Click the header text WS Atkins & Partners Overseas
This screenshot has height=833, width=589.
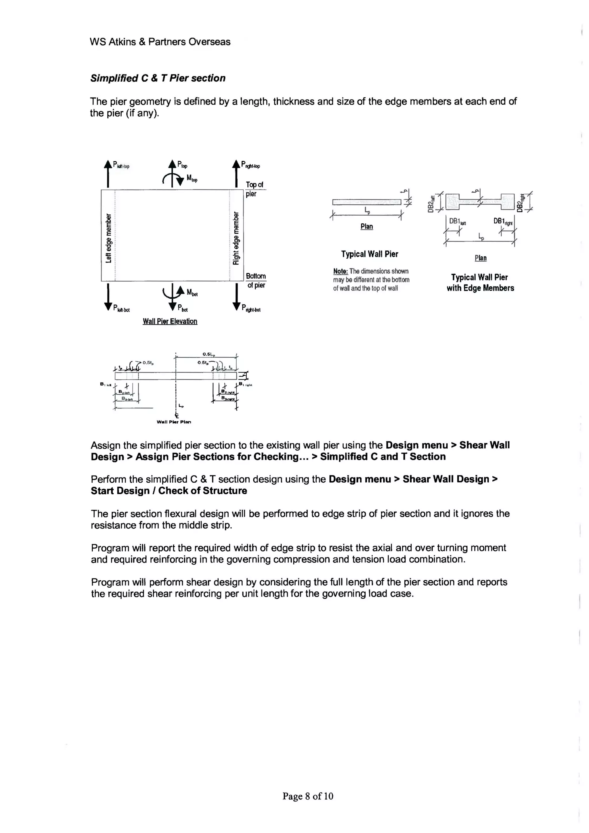coord(160,42)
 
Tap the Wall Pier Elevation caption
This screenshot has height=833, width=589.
coord(170,321)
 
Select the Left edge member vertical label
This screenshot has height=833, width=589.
coord(108,238)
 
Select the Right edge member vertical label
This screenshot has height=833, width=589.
coord(236,238)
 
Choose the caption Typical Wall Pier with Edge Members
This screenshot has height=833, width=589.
coord(480,282)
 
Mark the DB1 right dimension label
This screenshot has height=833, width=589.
coord(503,221)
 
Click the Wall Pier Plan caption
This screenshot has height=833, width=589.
coord(173,422)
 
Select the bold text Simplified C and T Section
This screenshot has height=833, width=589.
coord(383,456)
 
